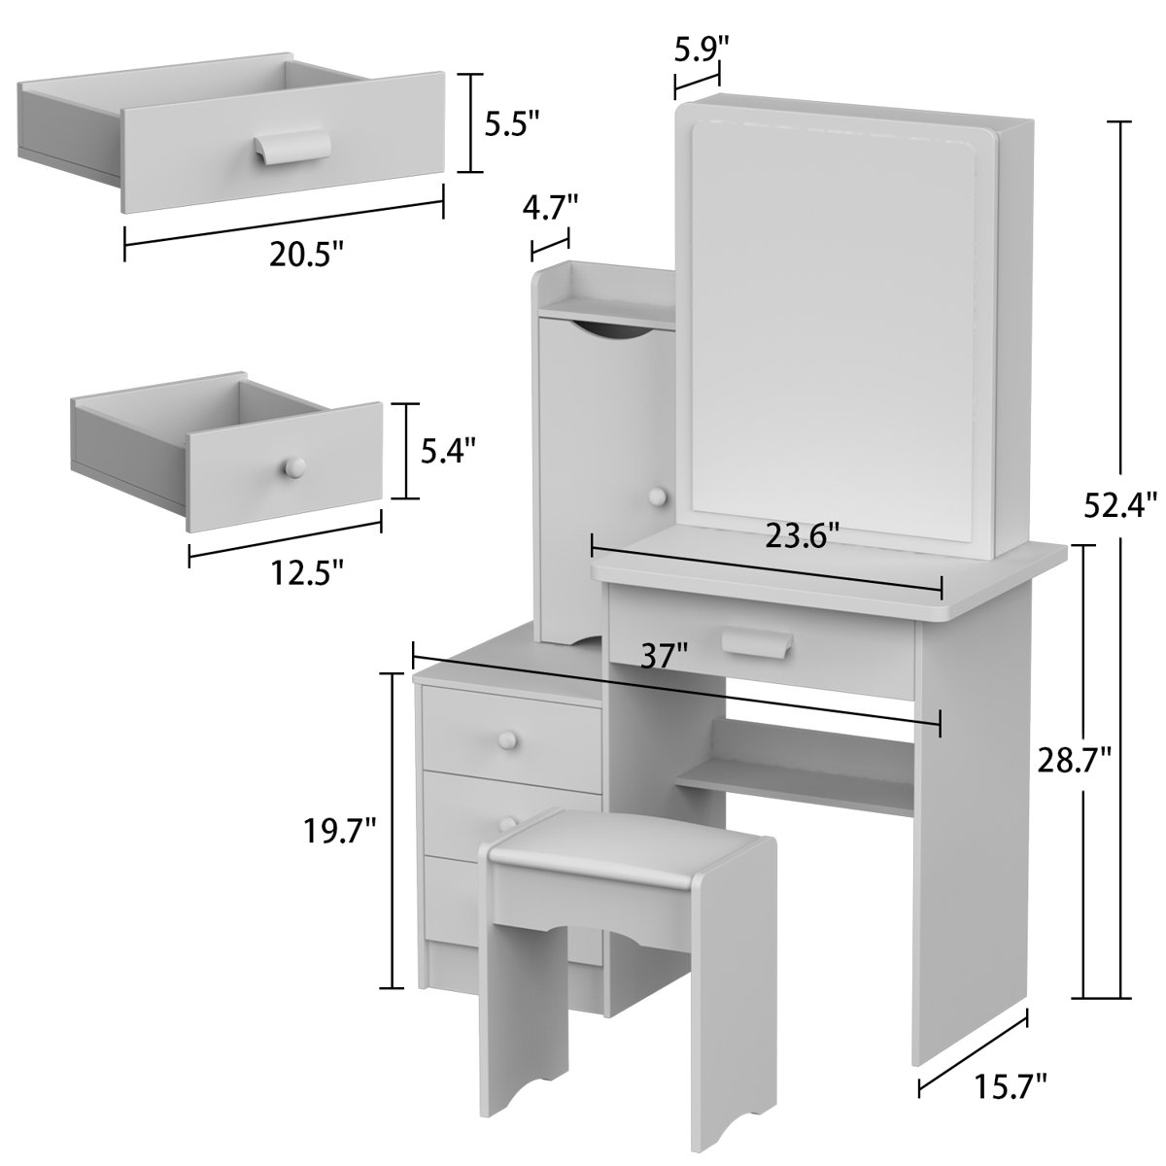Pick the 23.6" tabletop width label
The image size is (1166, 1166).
(x=802, y=534)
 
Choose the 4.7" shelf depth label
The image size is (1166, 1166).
(x=550, y=207)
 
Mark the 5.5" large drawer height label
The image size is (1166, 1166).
(x=512, y=122)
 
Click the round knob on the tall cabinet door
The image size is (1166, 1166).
(x=659, y=497)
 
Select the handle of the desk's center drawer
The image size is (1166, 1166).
(x=759, y=642)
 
